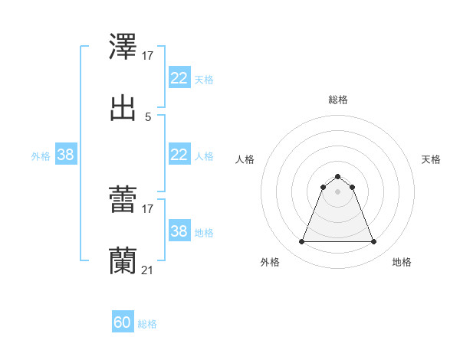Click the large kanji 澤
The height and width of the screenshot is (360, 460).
click(123, 47)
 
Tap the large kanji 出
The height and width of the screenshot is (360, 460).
click(123, 106)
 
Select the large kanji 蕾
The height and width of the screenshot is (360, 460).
click(123, 200)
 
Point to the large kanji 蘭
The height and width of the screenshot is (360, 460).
click(123, 260)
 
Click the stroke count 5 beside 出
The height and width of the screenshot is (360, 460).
click(148, 116)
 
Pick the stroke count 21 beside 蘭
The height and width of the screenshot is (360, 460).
click(148, 270)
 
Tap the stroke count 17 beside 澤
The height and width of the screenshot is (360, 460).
click(148, 56)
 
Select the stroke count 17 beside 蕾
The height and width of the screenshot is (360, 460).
click(148, 208)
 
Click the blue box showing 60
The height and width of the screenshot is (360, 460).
click(123, 322)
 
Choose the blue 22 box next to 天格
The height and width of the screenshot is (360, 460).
click(179, 78)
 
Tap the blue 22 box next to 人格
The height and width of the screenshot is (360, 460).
click(179, 155)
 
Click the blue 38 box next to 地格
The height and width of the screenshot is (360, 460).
click(179, 231)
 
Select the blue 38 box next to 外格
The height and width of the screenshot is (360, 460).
click(66, 155)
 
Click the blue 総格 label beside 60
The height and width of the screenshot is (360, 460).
click(147, 324)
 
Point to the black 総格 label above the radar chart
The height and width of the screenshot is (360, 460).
click(337, 100)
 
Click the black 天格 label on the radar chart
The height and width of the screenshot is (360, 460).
click(431, 159)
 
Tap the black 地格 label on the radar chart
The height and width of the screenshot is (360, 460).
click(402, 263)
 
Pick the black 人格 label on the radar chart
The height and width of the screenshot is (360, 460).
click(245, 159)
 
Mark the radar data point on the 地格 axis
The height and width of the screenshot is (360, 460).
click(373, 242)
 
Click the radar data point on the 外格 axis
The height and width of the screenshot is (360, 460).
click(301, 242)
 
